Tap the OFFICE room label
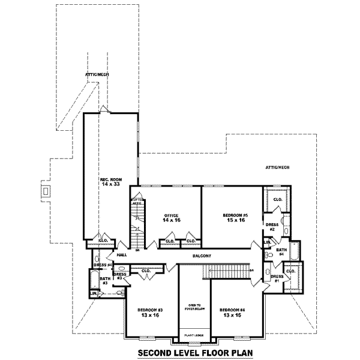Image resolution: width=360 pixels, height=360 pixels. point(171,215)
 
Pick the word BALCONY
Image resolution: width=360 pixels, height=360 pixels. point(202,256)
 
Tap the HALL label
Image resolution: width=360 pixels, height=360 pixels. point(122,255)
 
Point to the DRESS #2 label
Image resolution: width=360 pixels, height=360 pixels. point(271,227)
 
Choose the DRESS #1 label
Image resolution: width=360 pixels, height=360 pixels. point(277,279)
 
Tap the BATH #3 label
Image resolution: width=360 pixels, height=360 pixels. point(104,280)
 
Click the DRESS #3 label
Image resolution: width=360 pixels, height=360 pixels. point(119,277)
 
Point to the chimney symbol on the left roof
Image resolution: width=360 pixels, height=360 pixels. point(45,191)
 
